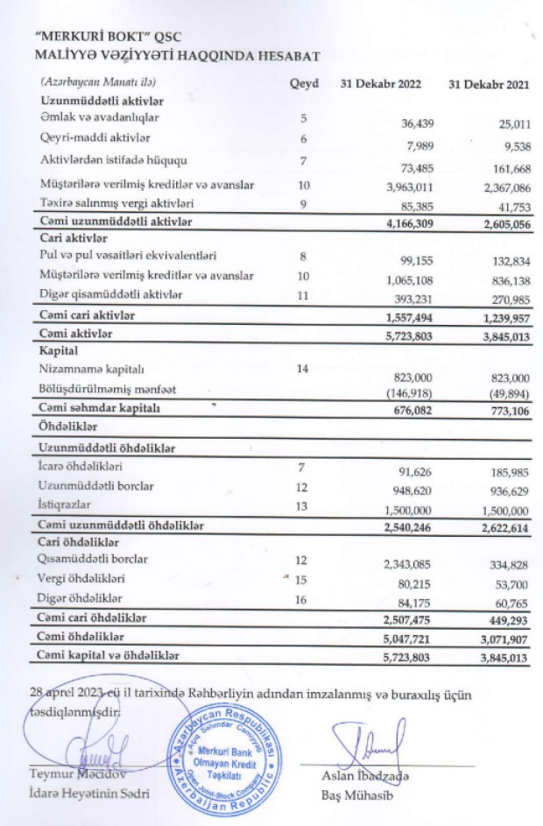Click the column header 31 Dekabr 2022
pyautogui.click(x=381, y=84)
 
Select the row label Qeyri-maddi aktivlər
pyautogui.click(x=95, y=138)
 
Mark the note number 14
pyautogui.click(x=303, y=369)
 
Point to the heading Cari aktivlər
pyautogui.click(x=74, y=238)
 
